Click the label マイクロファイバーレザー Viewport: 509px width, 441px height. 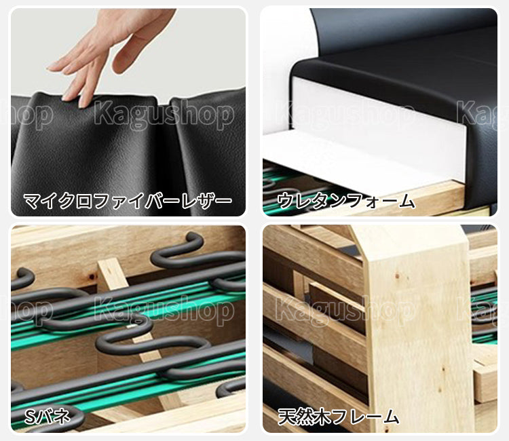coord(128,201)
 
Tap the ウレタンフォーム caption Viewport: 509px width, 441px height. coord(346,201)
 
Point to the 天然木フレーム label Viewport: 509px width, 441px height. coord(338,417)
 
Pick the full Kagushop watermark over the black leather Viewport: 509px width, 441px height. coord(164,115)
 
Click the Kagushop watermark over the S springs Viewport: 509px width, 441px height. coord(164,311)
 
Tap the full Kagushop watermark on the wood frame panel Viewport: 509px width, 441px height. coord(345,311)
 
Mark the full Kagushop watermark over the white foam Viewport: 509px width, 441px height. coord(345,115)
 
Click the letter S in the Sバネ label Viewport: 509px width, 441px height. coord(29,417)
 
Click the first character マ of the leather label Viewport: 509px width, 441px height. coord(32,201)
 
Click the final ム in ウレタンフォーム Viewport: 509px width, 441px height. coord(407,201)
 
